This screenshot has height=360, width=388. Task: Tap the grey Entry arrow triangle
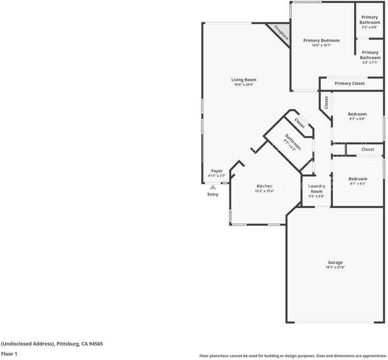click(x=213, y=187)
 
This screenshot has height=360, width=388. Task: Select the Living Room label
click(x=244, y=80)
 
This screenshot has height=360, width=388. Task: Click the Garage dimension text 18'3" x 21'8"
click(x=335, y=267)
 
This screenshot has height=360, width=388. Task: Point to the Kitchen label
click(x=264, y=186)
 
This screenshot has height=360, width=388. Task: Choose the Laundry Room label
click(x=316, y=189)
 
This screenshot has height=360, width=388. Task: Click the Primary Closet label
click(x=349, y=84)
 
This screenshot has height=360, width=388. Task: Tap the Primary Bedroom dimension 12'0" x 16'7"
click(x=321, y=45)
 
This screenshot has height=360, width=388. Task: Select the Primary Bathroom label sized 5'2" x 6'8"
click(x=369, y=20)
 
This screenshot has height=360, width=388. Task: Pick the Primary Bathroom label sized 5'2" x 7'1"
click(x=370, y=55)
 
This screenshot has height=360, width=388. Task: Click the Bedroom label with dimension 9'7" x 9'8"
click(x=357, y=114)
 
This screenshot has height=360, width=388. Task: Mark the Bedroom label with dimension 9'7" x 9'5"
click(x=357, y=179)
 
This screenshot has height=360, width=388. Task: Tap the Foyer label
click(x=217, y=171)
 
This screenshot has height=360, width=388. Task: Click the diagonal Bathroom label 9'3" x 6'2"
click(x=293, y=142)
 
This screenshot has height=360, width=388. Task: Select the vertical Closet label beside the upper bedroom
click(x=326, y=102)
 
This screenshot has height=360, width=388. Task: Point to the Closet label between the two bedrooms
click(x=367, y=149)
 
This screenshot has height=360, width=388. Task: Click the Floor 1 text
click(x=9, y=354)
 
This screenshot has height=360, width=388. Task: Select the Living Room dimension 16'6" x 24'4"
click(x=244, y=85)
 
